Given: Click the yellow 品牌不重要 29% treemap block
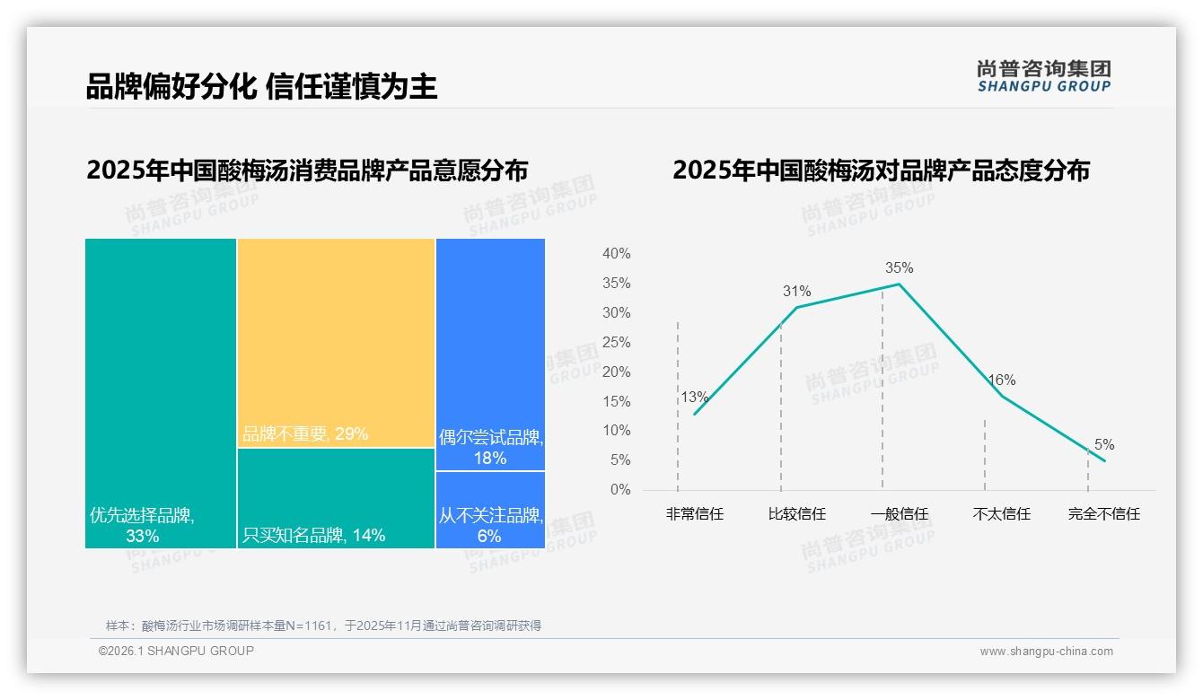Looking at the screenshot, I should [336, 342].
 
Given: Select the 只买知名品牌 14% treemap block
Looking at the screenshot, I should [336, 498].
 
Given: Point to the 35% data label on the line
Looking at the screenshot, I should [899, 267].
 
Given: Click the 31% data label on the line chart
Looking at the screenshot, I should [796, 291].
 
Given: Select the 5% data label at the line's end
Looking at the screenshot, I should [1103, 444].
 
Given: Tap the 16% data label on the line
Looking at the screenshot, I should [1001, 380].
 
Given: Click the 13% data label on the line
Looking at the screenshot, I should [694, 397].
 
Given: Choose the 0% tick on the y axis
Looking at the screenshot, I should [620, 489].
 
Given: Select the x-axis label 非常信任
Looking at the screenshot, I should [694, 514].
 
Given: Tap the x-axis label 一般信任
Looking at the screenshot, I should [899, 514].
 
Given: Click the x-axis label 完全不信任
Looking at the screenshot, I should [1103, 514].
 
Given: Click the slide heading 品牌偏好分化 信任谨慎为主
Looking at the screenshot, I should [261, 86].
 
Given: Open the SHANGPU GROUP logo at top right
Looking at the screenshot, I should [1043, 76].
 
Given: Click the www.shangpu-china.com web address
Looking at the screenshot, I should [1046, 652].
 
